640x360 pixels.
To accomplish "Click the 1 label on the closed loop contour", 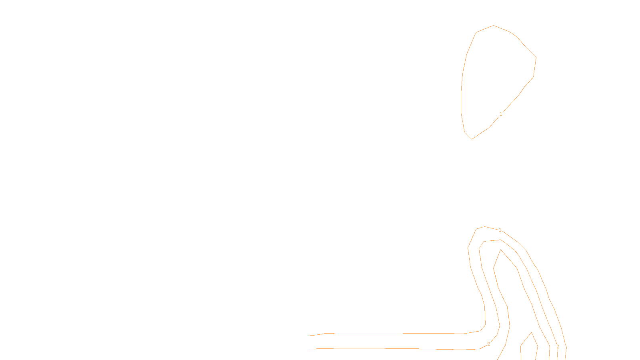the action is click(x=501, y=114).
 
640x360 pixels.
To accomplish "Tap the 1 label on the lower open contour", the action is click(x=500, y=230).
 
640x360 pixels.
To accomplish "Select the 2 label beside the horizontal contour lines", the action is click(x=488, y=344).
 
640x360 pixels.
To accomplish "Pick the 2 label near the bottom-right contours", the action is click(x=558, y=347).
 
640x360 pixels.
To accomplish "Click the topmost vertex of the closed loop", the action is click(x=493, y=26).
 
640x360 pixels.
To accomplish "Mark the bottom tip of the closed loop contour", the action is click(x=472, y=139).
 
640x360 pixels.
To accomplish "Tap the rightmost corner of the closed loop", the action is click(x=536, y=57).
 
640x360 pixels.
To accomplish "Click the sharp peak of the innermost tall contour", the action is click(x=500, y=250).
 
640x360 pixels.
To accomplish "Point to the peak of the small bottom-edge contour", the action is click(x=531, y=332).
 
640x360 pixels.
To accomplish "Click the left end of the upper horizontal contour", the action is click(x=309, y=336).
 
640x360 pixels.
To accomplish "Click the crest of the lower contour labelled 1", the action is click(x=485, y=227).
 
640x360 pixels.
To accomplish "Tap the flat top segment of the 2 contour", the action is click(x=492, y=241).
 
